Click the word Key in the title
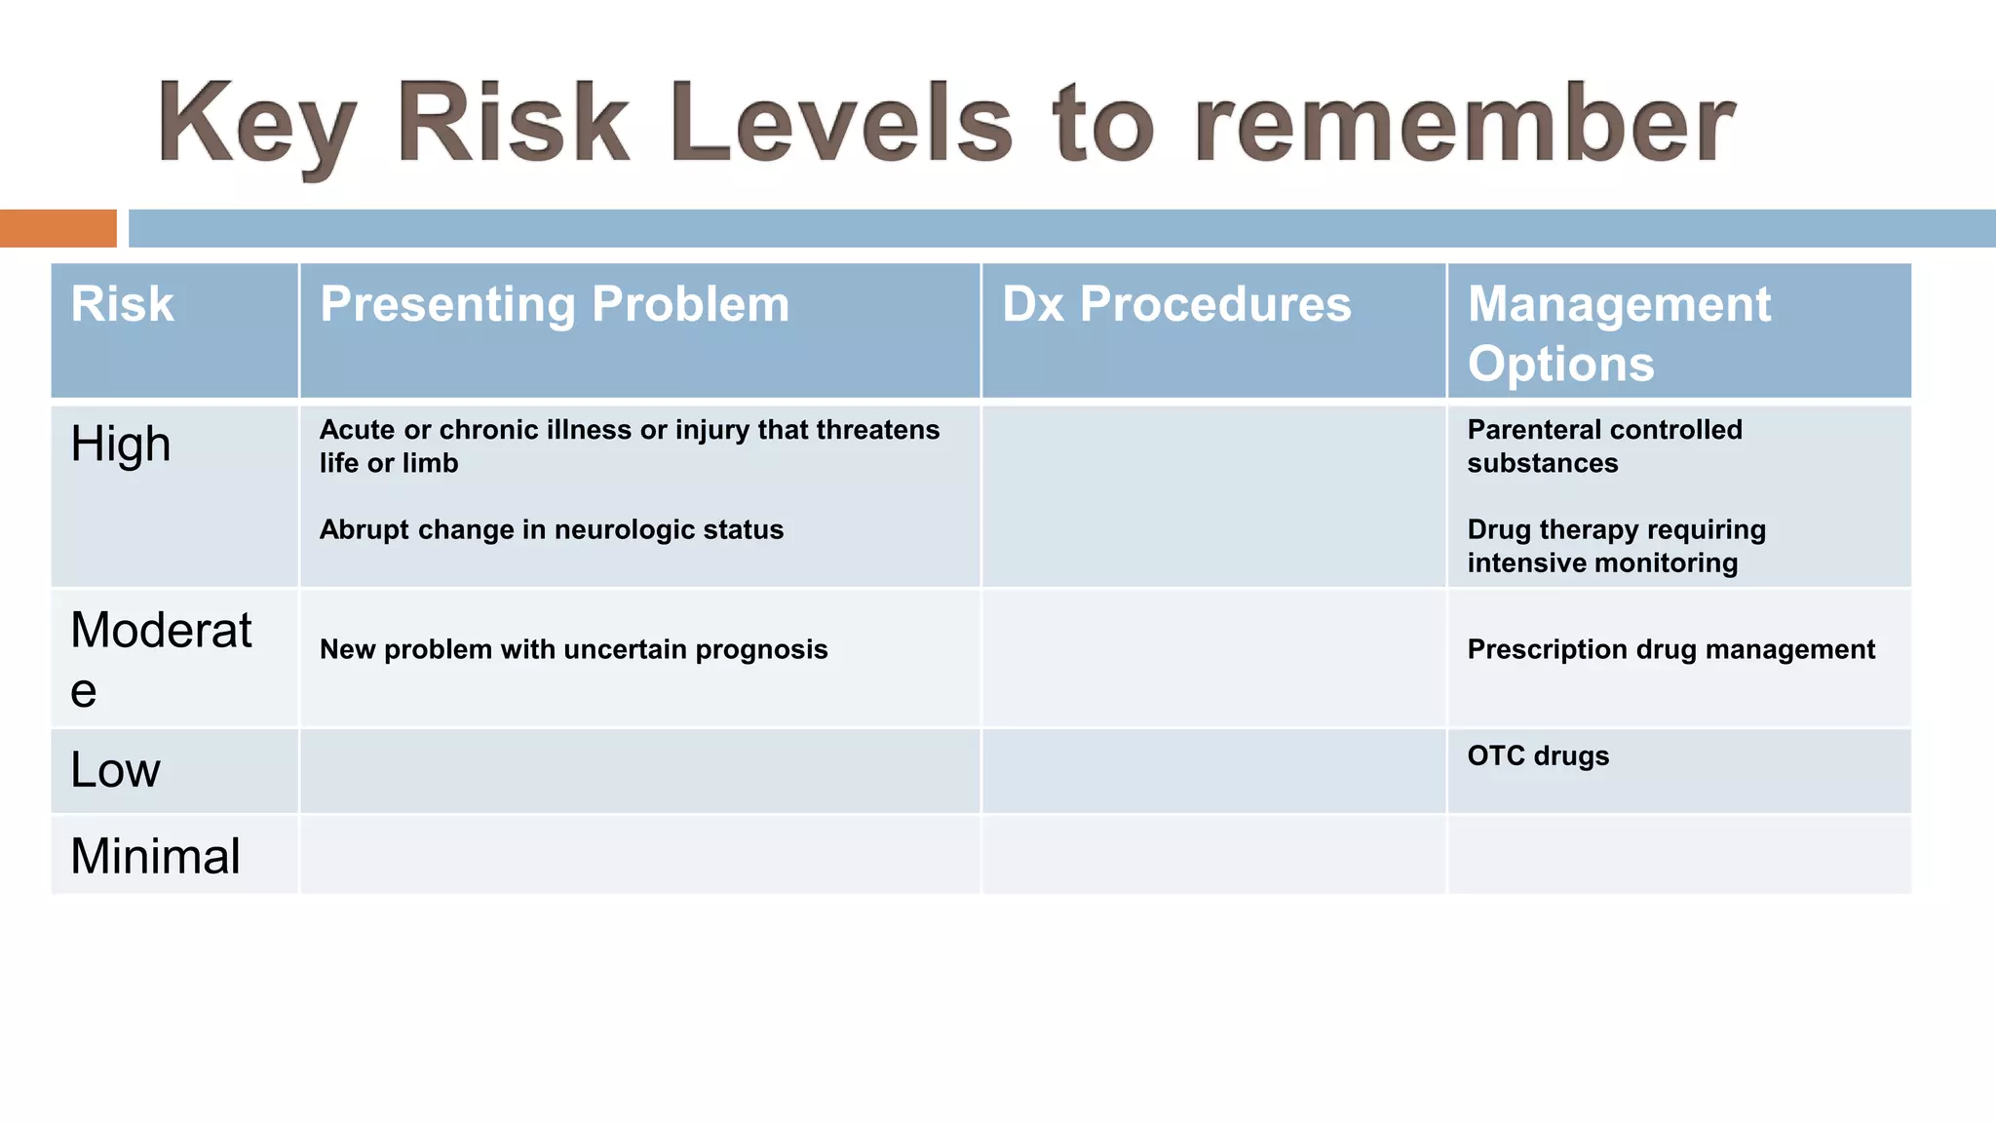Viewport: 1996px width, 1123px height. tap(255, 125)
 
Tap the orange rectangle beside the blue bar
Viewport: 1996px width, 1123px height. tap(58, 228)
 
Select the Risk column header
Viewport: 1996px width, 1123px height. tap(122, 304)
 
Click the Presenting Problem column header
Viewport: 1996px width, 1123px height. tap(555, 304)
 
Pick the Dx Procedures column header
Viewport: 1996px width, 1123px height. tap(1176, 304)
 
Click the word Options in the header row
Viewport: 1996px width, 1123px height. tap(1560, 364)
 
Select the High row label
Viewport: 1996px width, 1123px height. tap(121, 445)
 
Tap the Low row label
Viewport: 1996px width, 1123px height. tap(115, 770)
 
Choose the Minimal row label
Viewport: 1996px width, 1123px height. tap(155, 856)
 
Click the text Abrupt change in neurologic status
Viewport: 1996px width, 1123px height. tap(551, 529)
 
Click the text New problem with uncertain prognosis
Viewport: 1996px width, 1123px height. tap(573, 649)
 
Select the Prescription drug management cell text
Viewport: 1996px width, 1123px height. tap(1670, 649)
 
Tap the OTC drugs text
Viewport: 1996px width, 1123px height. tap(1538, 755)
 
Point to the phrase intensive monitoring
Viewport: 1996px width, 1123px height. tap(1602, 562)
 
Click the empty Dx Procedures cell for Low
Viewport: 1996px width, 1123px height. tap(1213, 770)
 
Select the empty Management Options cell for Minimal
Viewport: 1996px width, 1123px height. tap(1678, 855)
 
